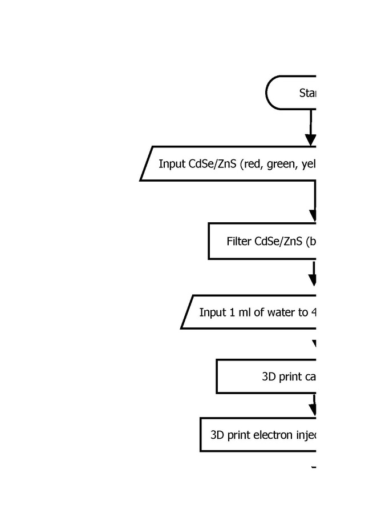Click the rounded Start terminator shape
291,93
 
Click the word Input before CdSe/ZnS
172,164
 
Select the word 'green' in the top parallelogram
278,164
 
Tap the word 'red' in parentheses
249,164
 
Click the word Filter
239,241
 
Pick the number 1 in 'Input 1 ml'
232,312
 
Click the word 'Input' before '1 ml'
213,312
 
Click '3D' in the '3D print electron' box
218,435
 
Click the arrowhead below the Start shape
310,140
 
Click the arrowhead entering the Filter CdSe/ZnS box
313,215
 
